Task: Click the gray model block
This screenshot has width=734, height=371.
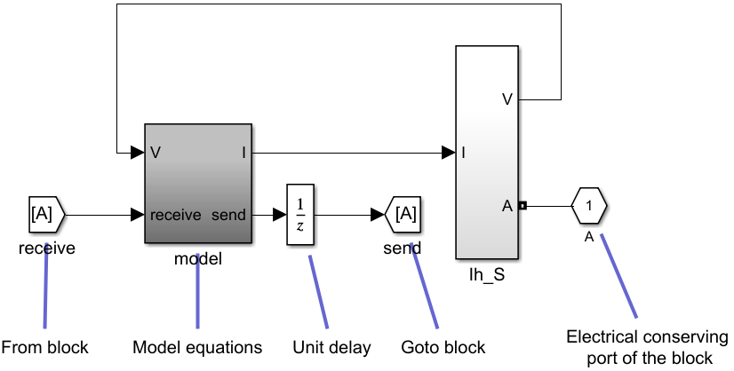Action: click(197, 183)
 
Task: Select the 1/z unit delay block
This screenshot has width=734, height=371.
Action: click(300, 214)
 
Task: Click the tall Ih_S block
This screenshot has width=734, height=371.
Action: click(486, 151)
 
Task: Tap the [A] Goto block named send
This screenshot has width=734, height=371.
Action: click(403, 214)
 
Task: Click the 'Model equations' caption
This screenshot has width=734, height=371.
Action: click(197, 346)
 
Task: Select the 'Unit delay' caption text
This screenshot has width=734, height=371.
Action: click(331, 346)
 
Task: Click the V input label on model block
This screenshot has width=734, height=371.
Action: click(156, 153)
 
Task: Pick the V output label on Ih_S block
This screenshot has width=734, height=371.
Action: click(507, 99)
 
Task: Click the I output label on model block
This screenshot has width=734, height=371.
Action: click(243, 153)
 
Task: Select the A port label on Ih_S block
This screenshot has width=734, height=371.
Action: click(507, 206)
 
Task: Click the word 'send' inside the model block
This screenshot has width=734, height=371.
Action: click(229, 215)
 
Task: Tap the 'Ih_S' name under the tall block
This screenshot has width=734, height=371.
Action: click(487, 275)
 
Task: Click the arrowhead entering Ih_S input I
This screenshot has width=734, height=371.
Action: click(449, 153)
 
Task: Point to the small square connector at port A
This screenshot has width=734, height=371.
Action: click(523, 206)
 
